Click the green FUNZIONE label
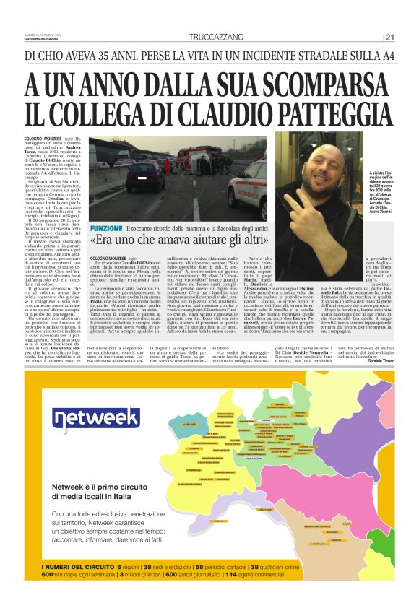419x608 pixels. coord(106,228)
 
